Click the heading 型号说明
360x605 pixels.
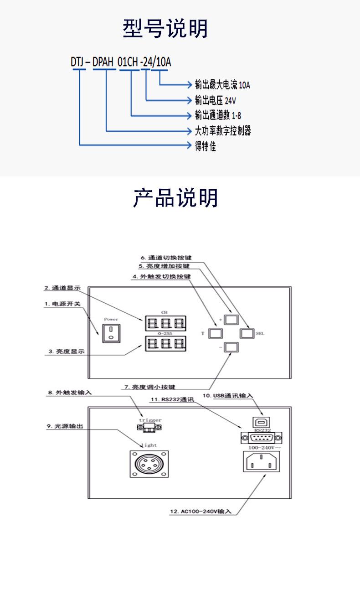click(x=165, y=28)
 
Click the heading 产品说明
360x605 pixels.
click(x=175, y=198)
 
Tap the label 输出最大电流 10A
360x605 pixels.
click(x=222, y=85)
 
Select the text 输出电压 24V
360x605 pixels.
click(x=215, y=100)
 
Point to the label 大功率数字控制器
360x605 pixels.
click(x=222, y=131)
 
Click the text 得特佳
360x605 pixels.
click(x=205, y=146)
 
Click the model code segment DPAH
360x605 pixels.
click(x=103, y=62)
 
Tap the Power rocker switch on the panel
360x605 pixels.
click(x=109, y=333)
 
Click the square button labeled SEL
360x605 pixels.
click(x=246, y=333)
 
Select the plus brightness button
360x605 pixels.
click(x=231, y=318)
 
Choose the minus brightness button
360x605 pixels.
click(x=231, y=347)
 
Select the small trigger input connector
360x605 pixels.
click(x=148, y=428)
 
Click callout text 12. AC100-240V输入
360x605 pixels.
click(x=201, y=512)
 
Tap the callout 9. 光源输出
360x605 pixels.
click(x=65, y=426)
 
